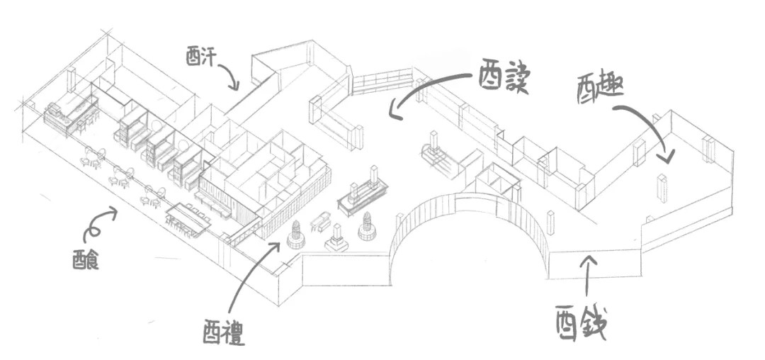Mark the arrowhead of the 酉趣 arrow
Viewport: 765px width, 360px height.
click(667, 158)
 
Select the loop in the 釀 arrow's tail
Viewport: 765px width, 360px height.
click(90, 227)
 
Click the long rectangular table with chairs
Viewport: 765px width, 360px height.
click(189, 218)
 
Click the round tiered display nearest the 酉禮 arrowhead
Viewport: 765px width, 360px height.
click(296, 235)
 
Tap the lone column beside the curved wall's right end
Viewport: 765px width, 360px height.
click(550, 223)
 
